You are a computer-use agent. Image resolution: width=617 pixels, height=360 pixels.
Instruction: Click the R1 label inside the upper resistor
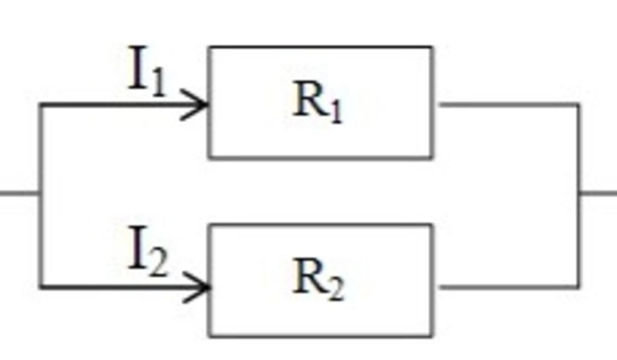point(318,102)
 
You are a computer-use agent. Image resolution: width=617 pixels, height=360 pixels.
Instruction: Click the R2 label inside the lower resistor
point(318,280)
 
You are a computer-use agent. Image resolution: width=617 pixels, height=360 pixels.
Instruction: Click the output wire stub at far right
point(599,193)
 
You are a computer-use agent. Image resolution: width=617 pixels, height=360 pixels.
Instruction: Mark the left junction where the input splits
point(40,193)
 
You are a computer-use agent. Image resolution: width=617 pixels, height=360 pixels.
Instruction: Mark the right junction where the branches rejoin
point(579,193)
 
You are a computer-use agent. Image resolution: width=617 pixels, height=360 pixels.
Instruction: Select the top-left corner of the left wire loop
point(40,106)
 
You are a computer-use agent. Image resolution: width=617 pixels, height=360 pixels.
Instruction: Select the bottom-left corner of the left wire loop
point(40,287)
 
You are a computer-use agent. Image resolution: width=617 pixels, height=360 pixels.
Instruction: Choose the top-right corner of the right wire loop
point(578,105)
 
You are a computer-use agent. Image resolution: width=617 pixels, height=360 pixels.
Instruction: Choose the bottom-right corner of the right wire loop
point(578,287)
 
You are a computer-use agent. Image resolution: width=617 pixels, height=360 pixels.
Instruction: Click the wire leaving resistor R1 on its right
point(506,105)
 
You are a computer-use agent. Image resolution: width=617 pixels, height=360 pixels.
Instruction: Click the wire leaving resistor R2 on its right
point(506,287)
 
